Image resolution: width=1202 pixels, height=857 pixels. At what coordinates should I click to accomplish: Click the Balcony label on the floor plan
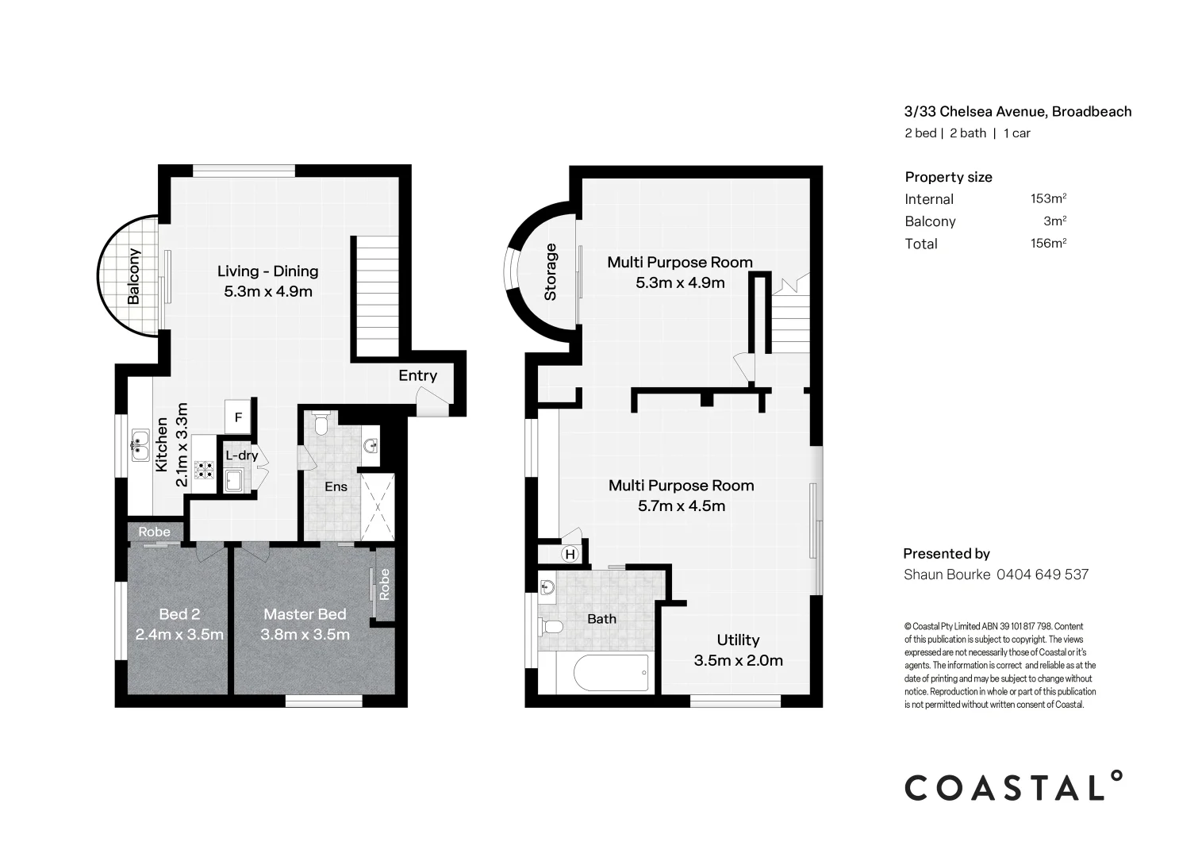pyautogui.click(x=133, y=276)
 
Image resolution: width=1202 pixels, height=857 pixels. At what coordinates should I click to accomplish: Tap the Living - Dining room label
pyautogui.click(x=267, y=271)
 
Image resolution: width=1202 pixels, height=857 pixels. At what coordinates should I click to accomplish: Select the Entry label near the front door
pyautogui.click(x=417, y=375)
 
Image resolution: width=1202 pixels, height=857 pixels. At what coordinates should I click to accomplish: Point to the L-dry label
pyautogui.click(x=241, y=455)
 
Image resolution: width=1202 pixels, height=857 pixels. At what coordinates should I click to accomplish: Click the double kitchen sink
pyautogui.click(x=140, y=445)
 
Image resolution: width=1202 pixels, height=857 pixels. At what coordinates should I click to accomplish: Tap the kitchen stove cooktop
pyautogui.click(x=205, y=471)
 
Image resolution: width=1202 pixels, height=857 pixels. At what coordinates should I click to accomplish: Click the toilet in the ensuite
pyautogui.click(x=321, y=425)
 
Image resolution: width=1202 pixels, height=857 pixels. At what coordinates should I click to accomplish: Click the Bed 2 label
pyautogui.click(x=179, y=613)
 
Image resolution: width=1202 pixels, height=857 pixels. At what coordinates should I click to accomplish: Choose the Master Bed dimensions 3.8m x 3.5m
pyautogui.click(x=305, y=635)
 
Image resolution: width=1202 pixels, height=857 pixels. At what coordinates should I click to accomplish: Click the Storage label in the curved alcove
pyautogui.click(x=551, y=272)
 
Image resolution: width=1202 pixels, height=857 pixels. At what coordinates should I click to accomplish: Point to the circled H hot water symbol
pyautogui.click(x=569, y=554)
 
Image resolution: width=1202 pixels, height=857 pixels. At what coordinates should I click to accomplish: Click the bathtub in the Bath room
pyautogui.click(x=611, y=673)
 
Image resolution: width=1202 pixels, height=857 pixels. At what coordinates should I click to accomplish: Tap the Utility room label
pyautogui.click(x=738, y=640)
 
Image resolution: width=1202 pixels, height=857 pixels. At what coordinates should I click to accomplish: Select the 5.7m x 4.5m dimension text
pyautogui.click(x=682, y=506)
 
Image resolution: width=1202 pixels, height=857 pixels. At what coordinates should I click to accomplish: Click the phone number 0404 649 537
pyautogui.click(x=1042, y=575)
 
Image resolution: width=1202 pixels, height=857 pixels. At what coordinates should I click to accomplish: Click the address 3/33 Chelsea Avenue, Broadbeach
pyautogui.click(x=1018, y=112)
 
